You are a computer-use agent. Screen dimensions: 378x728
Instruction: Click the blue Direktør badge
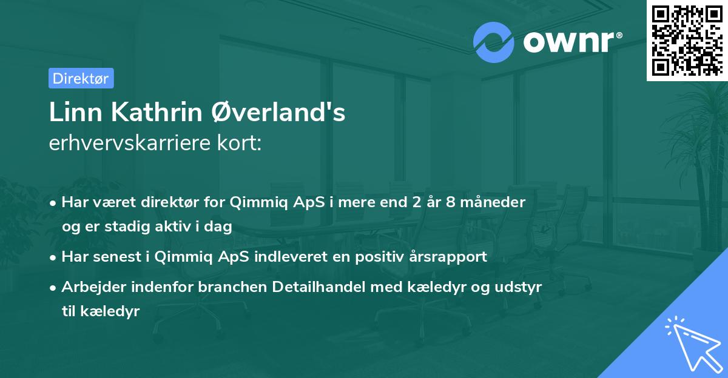pos(81,78)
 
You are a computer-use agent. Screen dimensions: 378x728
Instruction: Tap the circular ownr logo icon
pos(494,42)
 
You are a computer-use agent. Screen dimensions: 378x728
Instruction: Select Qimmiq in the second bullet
pos(179,257)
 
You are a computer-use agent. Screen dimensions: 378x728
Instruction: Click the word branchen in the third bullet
pos(231,287)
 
